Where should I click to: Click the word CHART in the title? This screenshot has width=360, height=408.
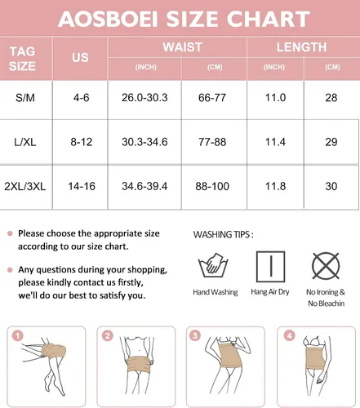pyautogui.click(x=268, y=19)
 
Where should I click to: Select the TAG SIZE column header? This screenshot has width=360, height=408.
pyautogui.click(x=22, y=59)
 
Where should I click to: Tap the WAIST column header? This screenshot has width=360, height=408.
pyautogui.click(x=182, y=47)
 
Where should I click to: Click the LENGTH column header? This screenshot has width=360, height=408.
pyautogui.click(x=301, y=47)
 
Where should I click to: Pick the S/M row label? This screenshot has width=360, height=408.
pyautogui.click(x=25, y=98)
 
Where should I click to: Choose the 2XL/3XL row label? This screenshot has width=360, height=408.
pyautogui.click(x=25, y=186)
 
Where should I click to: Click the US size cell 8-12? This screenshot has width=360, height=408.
pyautogui.click(x=82, y=142)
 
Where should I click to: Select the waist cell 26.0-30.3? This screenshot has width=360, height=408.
pyautogui.click(x=144, y=98)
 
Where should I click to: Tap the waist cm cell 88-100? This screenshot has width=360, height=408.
pyautogui.click(x=212, y=186)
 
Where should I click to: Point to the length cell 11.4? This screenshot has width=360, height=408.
pyautogui.click(x=275, y=142)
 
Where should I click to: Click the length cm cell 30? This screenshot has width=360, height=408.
pyautogui.click(x=331, y=186)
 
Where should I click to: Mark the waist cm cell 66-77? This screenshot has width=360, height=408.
pyautogui.click(x=212, y=98)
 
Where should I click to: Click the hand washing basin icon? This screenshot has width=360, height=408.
pyautogui.click(x=213, y=265)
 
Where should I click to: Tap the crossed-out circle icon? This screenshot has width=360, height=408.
pyautogui.click(x=326, y=266)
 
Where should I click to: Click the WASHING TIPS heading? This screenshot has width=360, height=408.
pyautogui.click(x=223, y=234)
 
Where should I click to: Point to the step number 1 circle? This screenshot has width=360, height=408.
pyautogui.click(x=18, y=336)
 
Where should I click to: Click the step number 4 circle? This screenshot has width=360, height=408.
pyautogui.click(x=289, y=335)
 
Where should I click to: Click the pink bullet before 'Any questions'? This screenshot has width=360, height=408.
pyautogui.click(x=10, y=270)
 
